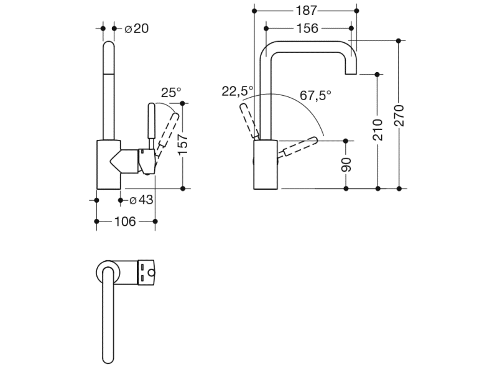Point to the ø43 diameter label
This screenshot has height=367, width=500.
(141, 200)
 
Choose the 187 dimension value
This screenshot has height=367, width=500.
(305, 11)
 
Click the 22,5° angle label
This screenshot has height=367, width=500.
(237, 91)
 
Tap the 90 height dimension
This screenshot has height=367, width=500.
(347, 164)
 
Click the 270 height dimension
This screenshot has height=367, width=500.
(399, 116)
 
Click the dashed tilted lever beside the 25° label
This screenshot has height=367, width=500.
(169, 130)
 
